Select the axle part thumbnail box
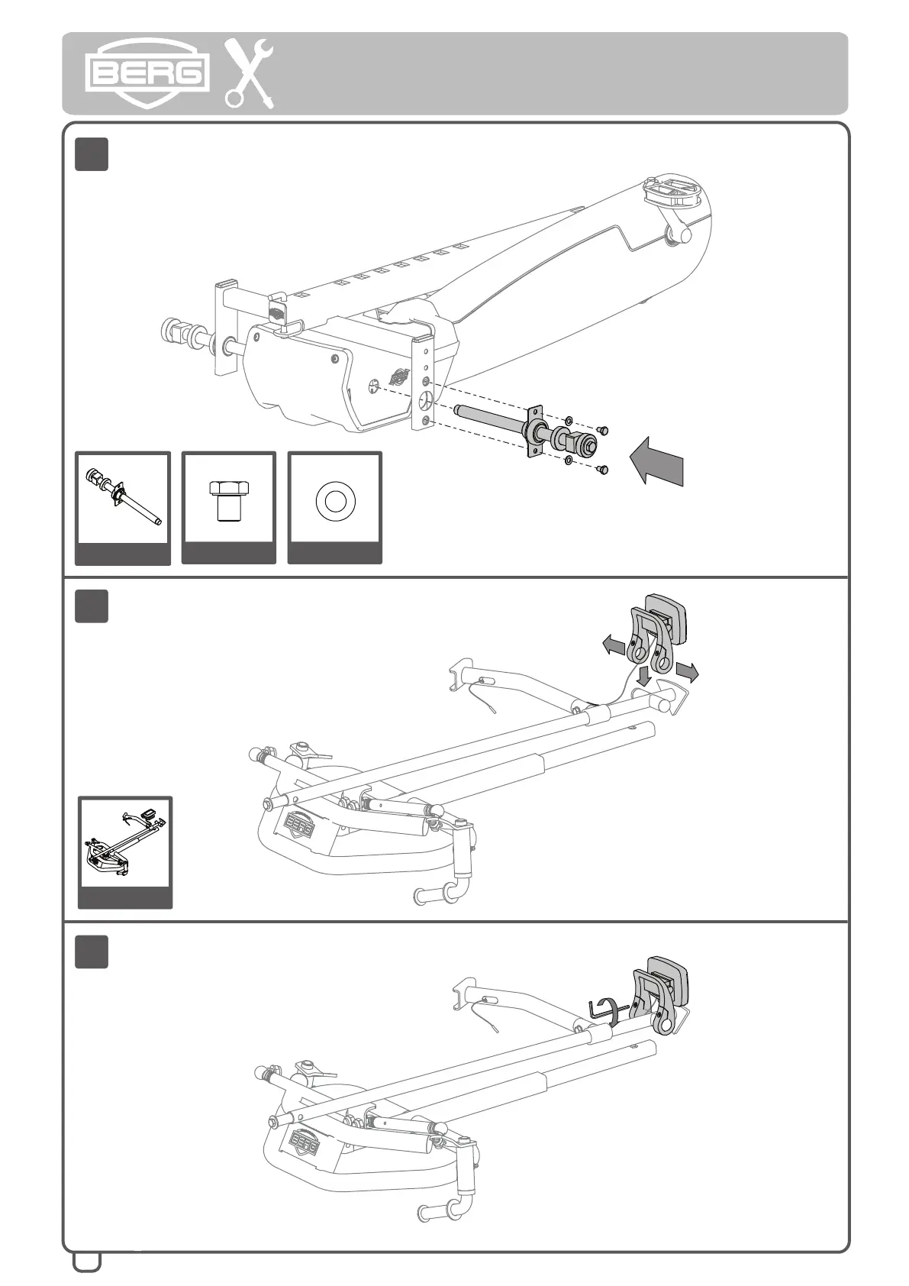pyautogui.click(x=123, y=507)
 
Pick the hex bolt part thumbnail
pyautogui.click(x=228, y=507)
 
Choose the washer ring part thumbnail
pyautogui.click(x=335, y=507)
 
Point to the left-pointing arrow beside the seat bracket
pyautogui.click(x=613, y=646)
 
